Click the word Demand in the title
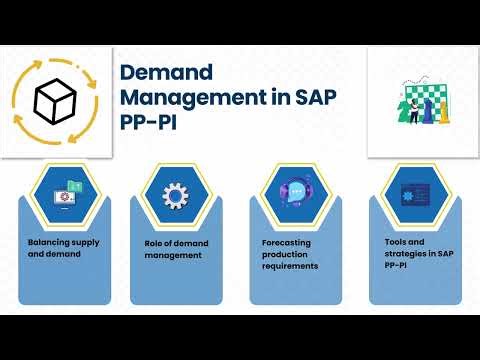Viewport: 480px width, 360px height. pyautogui.click(x=161, y=73)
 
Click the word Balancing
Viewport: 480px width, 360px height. pyautogui.click(x=48, y=244)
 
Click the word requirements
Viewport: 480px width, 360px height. pyautogui.click(x=289, y=267)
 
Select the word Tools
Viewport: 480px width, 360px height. pyautogui.click(x=396, y=244)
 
